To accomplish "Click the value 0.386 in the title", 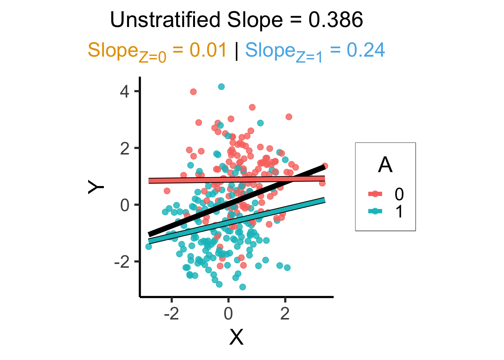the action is tap(336, 20).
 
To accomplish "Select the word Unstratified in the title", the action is tap(165, 19).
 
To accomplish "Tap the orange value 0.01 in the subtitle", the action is tap(208, 50).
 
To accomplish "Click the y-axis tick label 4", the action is tap(124, 92).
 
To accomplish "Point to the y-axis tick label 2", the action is tap(124, 149).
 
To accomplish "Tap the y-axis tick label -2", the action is tap(122, 262).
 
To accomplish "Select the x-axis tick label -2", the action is tap(171, 313).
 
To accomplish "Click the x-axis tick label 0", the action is tap(228, 313).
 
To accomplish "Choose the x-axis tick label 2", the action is tap(285, 313).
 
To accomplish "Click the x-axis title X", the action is tap(236, 337).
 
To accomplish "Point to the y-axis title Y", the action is tap(96, 187).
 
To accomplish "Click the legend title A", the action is tap(385, 165).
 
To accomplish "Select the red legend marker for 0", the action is tap(375, 194).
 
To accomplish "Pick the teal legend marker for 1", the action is tap(375, 211).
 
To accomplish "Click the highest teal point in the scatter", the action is tap(221, 86).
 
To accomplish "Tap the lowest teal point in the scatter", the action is tap(243, 287).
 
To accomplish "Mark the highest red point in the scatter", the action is tap(193, 91).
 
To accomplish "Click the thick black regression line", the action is tap(237, 201).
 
